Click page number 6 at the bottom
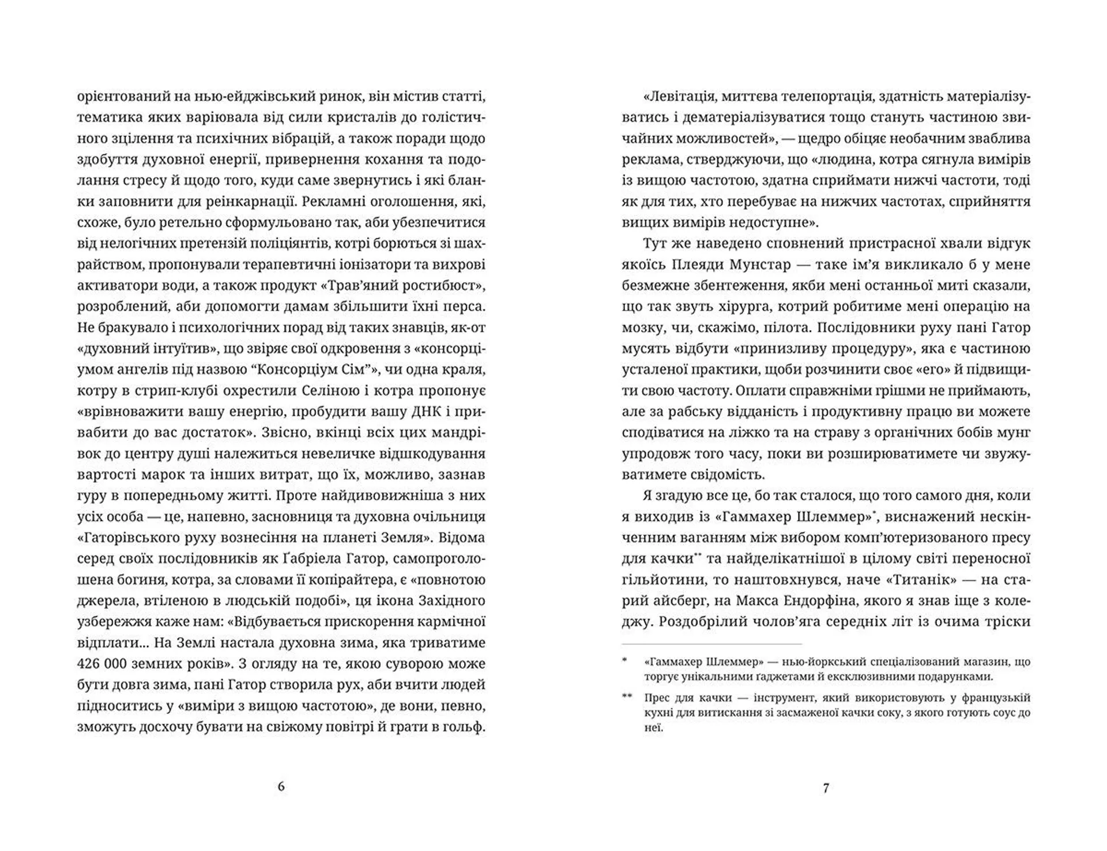[x=281, y=786]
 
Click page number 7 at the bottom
[x=826, y=788]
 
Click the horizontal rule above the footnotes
[x=711, y=644]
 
